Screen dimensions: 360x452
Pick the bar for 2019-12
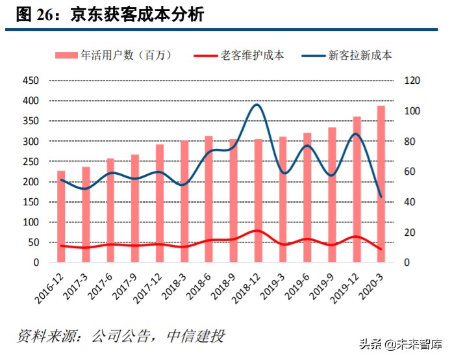tap(357, 189)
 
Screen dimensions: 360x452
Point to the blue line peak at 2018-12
tap(257, 105)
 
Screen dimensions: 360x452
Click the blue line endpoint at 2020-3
tap(381, 197)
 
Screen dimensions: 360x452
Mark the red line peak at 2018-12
tap(258, 231)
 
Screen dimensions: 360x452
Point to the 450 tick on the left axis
tap(31, 81)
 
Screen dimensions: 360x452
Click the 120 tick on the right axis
tap(412, 81)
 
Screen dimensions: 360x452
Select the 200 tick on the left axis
tap(31, 182)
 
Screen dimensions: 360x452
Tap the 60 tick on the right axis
tap(410, 172)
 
